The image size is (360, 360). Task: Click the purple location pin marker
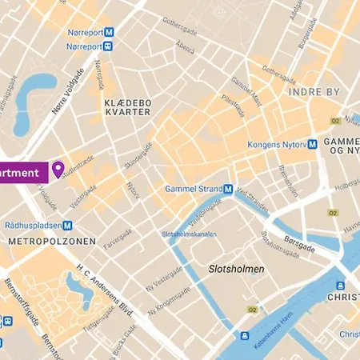coord(58,170)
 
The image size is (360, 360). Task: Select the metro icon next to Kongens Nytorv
coord(313,145)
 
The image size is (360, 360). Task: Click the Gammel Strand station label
coord(192,189)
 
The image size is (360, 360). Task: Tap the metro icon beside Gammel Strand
coord(228,189)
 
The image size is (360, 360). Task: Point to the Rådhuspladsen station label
coord(33,226)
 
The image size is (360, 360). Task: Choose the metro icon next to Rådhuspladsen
coord(69,226)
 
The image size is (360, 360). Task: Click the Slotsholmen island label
coord(236,269)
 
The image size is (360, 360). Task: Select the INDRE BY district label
coord(314,92)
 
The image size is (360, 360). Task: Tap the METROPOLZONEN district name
coord(50,241)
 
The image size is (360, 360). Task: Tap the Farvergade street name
coord(117,238)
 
